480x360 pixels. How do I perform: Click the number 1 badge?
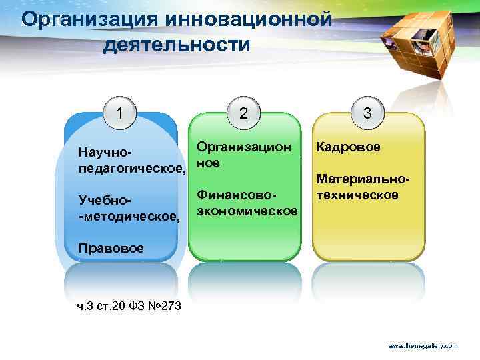pos(119,113)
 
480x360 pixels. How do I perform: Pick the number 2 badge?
pos(244,113)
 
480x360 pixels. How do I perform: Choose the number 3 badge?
pos(367,113)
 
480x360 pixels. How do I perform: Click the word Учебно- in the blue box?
pos(105,201)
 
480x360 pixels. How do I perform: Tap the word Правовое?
pos(111,248)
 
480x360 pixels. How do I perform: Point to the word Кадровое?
pos(349,147)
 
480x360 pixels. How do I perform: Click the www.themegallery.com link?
pos(423,346)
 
